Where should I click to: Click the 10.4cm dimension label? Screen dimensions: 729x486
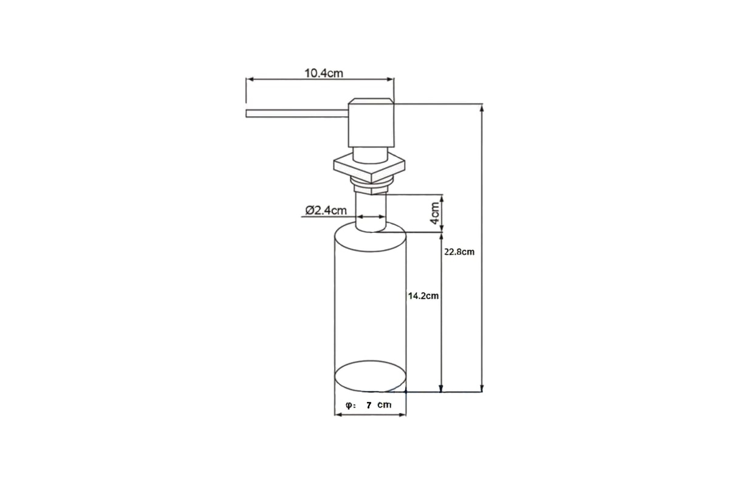point(324,74)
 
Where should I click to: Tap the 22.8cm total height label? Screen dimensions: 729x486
point(459,252)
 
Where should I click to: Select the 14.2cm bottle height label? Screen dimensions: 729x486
point(423,296)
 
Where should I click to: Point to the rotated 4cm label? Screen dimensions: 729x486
point(435,213)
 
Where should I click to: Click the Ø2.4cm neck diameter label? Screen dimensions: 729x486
point(326,210)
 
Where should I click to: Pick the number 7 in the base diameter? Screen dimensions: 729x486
point(369,405)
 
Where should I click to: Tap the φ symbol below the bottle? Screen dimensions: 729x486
point(349,405)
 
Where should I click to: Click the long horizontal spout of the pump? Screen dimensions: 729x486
point(297,114)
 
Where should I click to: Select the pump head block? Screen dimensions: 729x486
point(371,123)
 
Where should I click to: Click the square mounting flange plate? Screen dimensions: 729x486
point(369,168)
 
